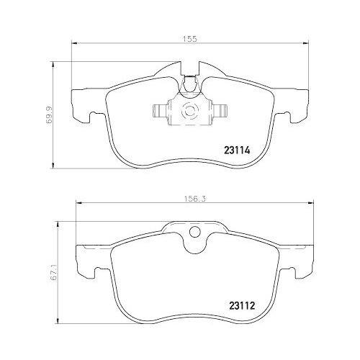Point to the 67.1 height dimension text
pos(49,275)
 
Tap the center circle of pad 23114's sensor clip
pos(191,111)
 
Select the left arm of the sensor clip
pos(160,110)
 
